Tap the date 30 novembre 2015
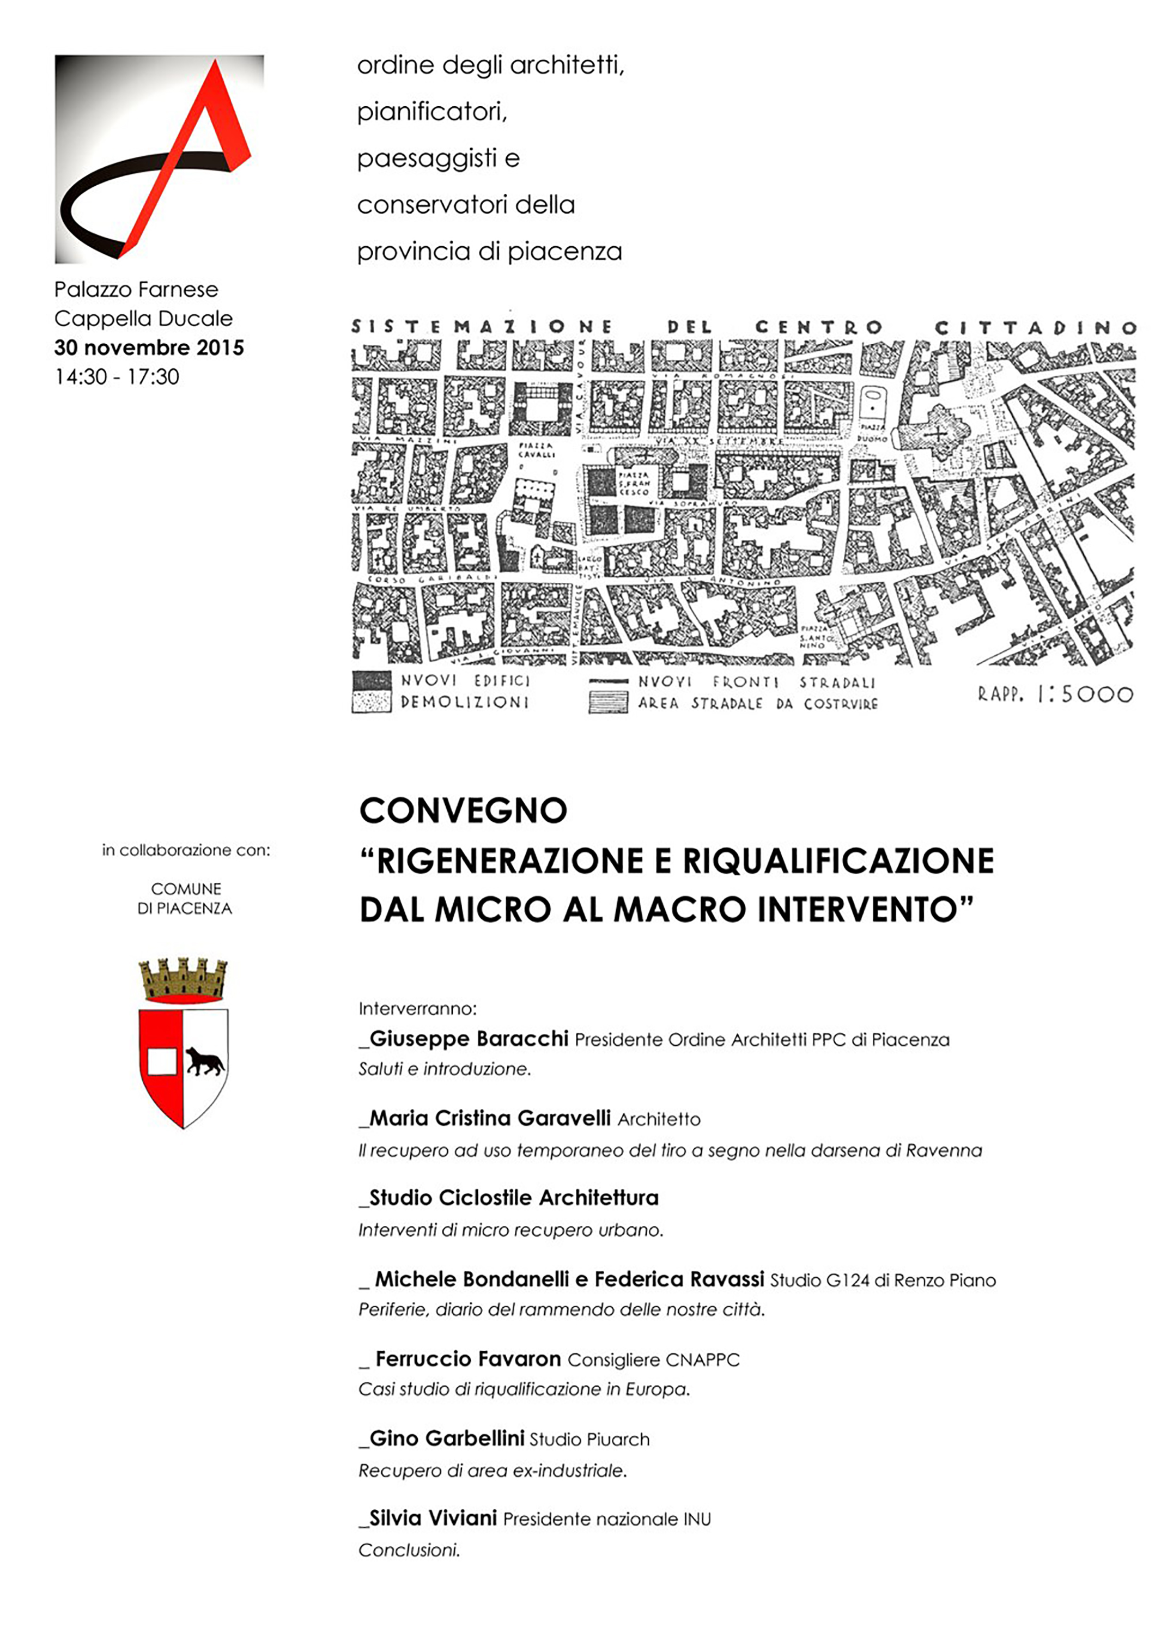[149, 347]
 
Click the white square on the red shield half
[162, 1061]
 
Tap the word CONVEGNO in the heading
[463, 810]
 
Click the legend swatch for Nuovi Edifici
[372, 680]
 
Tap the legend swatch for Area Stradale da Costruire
[608, 703]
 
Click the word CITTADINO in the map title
[1035, 327]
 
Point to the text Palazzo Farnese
[136, 290]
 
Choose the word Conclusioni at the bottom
[409, 1550]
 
